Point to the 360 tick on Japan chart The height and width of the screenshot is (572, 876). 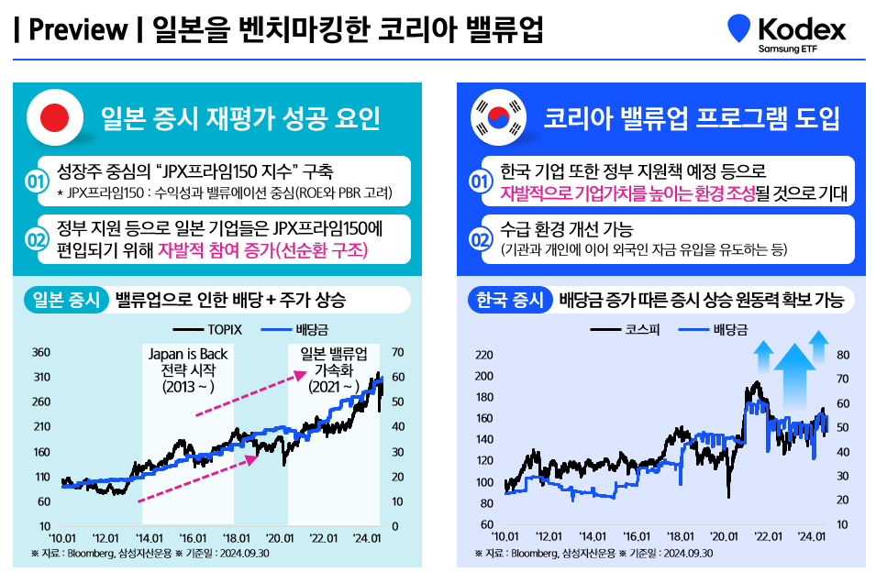pos(41,352)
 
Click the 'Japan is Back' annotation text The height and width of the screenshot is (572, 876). pos(187,354)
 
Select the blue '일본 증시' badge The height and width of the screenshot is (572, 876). pos(63,300)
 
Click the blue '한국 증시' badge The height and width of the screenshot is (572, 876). pos(510,300)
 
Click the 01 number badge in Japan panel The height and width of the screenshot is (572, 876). pos(37,181)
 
